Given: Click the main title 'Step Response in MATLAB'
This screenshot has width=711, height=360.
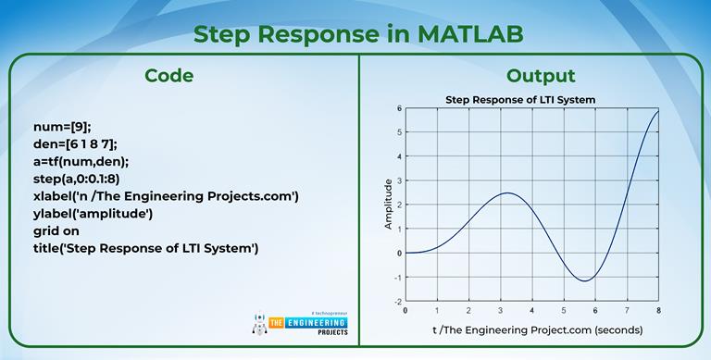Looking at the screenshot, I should tap(357, 33).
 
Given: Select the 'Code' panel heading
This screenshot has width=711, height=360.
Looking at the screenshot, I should tap(168, 76).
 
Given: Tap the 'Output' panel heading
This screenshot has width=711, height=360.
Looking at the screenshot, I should tap(541, 76).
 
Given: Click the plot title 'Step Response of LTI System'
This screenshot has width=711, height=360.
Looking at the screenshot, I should tap(519, 99).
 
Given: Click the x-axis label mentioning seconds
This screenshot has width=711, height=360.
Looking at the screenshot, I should tap(536, 329).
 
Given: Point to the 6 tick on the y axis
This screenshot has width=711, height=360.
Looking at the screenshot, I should tap(398, 108).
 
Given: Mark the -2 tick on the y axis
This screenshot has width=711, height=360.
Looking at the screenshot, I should tap(397, 302).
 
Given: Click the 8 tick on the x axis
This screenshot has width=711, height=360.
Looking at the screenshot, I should tap(659, 311).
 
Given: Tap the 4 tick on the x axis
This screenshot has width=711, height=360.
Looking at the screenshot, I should tap(532, 311).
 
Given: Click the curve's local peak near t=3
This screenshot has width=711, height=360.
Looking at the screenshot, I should tap(505, 193).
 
